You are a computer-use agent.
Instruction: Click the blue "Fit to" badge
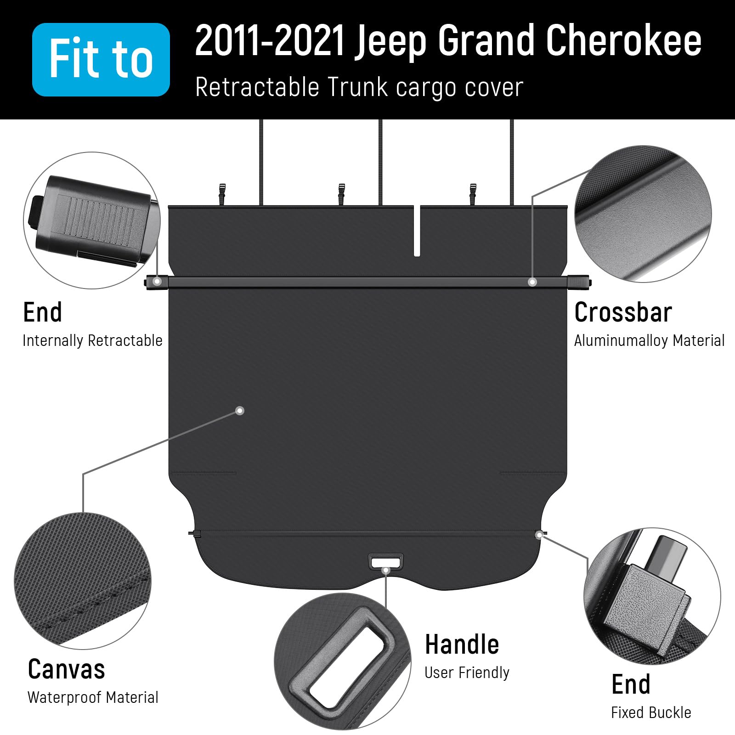pos(101,59)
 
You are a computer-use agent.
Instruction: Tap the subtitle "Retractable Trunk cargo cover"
pos(359,87)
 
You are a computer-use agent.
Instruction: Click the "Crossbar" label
pos(623,312)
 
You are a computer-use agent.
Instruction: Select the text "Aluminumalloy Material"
pos(649,341)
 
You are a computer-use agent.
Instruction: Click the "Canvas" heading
pos(66,669)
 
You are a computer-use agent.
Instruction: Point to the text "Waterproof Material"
pos(93,697)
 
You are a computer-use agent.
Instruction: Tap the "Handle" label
pos(462,644)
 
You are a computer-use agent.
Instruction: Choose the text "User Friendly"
pos(467,673)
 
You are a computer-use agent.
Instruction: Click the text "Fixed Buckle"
pos(651,712)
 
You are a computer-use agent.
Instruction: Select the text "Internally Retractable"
pos(92,341)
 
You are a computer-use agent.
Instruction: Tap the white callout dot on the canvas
pos(239,411)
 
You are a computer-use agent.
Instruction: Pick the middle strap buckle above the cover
pos(341,193)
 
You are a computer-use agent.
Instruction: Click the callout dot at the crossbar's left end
pos(157,281)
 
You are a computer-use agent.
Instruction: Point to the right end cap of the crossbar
pos(579,281)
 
